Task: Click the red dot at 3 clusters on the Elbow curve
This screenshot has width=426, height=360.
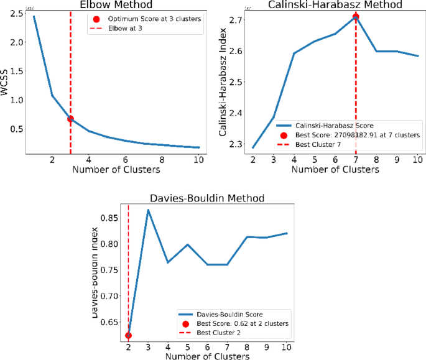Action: (70, 119)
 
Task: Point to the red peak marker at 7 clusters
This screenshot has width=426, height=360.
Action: (356, 17)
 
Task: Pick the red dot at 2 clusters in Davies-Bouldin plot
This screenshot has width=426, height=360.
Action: (129, 335)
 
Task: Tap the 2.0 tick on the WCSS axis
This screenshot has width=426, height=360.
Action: (16, 42)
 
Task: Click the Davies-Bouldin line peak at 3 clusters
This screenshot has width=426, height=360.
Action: (148, 210)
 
